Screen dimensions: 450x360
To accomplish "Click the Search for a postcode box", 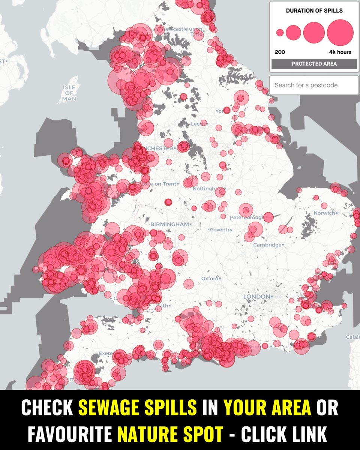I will [x=313, y=85].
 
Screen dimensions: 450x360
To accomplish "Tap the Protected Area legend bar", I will [x=314, y=64].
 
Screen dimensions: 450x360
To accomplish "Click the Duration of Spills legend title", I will [x=314, y=10].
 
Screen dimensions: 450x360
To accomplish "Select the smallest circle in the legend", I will [x=280, y=33].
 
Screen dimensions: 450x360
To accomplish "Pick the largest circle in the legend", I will [x=340, y=33].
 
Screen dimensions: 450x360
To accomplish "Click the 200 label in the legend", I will [x=280, y=52].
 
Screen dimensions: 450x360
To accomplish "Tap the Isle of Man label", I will [x=69, y=93].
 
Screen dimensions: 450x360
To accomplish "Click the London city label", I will [x=256, y=297].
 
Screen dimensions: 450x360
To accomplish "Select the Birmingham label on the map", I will [x=169, y=224].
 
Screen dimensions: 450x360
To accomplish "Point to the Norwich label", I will [x=324, y=213].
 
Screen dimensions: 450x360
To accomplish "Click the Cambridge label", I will [x=267, y=245].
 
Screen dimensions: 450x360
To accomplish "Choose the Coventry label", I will [x=221, y=229].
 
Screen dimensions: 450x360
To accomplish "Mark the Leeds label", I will [x=198, y=123].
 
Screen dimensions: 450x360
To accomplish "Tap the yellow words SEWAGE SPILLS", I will [x=138, y=408].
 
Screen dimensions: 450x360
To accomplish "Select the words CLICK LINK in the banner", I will [x=285, y=431].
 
